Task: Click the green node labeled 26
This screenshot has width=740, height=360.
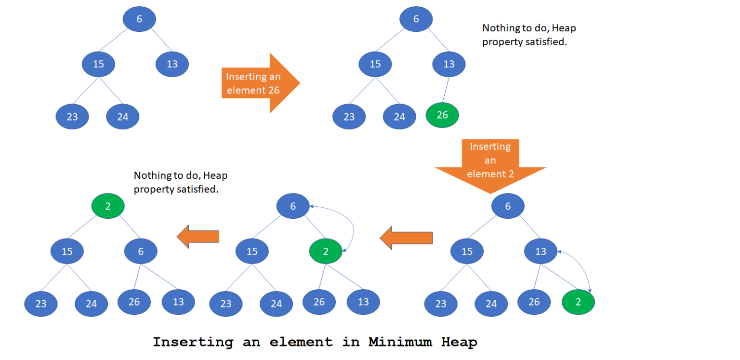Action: (x=442, y=115)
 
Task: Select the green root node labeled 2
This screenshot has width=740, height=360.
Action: (x=108, y=206)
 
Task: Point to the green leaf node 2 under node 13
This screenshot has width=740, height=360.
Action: (x=578, y=302)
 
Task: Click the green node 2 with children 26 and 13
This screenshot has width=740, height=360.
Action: (x=326, y=251)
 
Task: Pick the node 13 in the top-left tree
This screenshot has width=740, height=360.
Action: (x=172, y=64)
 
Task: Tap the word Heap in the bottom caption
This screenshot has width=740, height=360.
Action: (x=459, y=342)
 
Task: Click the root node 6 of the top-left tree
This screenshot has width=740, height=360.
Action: (x=139, y=19)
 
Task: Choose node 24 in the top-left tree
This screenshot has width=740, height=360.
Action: (x=122, y=117)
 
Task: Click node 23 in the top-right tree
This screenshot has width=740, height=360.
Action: (x=349, y=117)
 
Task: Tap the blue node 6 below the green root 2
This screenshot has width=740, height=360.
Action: (x=141, y=251)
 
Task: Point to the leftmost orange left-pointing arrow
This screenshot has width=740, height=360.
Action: (x=198, y=237)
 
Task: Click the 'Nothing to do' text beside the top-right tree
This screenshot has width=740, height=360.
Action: (x=529, y=35)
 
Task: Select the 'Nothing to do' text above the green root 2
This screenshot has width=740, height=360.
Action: (x=180, y=182)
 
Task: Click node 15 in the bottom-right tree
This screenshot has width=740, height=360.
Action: (x=467, y=251)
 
